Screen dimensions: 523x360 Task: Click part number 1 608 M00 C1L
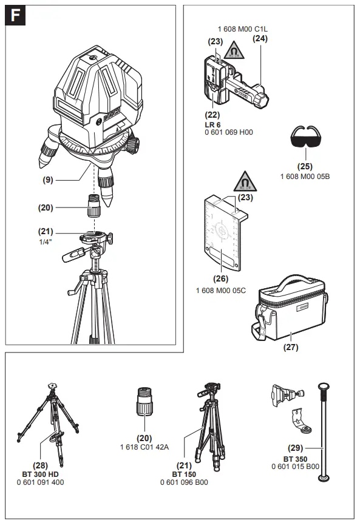242,29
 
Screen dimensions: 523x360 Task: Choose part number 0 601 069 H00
228,132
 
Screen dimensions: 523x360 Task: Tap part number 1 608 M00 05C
220,291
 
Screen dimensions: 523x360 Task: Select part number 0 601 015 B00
295,466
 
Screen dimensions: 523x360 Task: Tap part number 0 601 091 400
41,482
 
